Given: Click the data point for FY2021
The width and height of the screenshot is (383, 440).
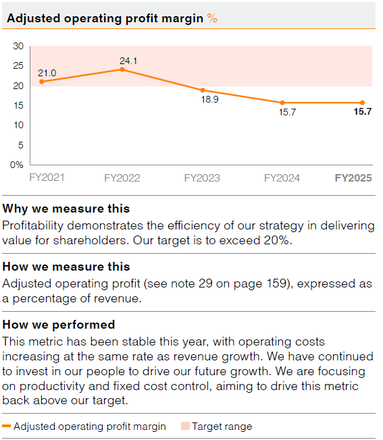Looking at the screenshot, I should pos(41,82).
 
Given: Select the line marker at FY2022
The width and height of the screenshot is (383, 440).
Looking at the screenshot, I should pos(122,70).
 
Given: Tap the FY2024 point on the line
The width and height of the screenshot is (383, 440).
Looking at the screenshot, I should pos(282,103).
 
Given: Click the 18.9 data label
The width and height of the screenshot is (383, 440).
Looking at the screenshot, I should pos(211,99).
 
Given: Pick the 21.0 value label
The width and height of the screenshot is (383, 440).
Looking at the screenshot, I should pos(47,73).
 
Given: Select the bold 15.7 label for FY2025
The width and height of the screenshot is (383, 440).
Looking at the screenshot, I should pos(363,112).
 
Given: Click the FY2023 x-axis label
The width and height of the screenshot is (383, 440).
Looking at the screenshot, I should pos(202,178).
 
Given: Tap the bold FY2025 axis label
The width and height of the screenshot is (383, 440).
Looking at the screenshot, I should pos(353,178).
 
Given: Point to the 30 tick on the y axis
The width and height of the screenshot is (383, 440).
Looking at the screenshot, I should pos(18,46).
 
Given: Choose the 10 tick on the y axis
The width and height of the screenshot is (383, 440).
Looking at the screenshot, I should pos(18,125).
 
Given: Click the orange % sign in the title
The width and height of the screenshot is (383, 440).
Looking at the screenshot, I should pos(212,19).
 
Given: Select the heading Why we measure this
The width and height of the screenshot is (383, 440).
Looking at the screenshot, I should pos(66,209).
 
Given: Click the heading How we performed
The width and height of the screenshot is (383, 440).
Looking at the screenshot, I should pos(59,325).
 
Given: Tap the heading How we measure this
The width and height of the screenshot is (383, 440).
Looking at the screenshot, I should pos(66,267).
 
